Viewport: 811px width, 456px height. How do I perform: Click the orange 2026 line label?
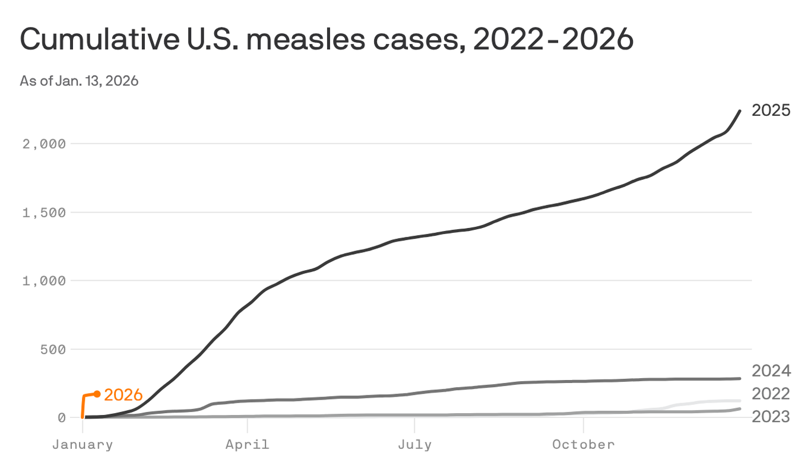tap(123, 395)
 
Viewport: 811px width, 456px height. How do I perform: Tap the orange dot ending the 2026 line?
tap(97, 394)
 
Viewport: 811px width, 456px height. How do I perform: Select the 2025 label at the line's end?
tap(771, 110)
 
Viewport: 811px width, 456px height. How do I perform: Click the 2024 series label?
tap(771, 371)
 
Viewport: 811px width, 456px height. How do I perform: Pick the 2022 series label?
tap(771, 394)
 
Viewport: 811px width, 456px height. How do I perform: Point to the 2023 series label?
tap(771, 417)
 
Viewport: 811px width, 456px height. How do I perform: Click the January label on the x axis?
tap(82, 444)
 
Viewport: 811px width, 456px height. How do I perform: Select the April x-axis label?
tap(247, 444)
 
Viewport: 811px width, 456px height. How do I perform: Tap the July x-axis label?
tap(414, 444)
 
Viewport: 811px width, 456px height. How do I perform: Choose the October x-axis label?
tap(584, 444)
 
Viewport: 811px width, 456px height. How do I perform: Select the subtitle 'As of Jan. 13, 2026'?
tap(79, 81)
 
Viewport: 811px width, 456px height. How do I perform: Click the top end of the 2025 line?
tap(739, 111)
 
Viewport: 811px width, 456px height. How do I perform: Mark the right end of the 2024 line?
tap(739, 378)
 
